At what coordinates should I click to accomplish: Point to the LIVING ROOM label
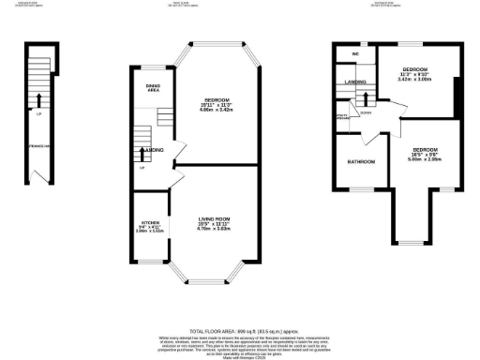click(215, 217)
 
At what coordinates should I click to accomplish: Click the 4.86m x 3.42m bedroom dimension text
click(216, 110)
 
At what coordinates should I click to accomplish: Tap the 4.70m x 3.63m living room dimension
click(215, 229)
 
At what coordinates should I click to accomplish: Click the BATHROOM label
click(360, 162)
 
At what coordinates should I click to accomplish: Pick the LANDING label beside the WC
click(355, 82)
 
